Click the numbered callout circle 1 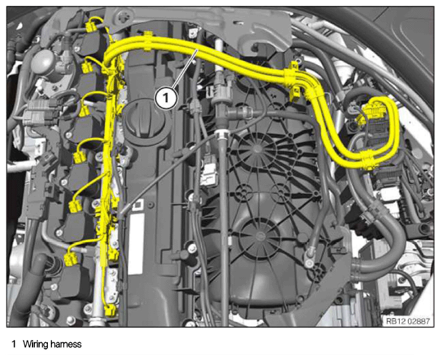pyautogui.click(x=166, y=98)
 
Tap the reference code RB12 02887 pyautogui.click(x=407, y=321)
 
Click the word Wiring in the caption pyautogui.click(x=36, y=344)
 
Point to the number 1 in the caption pyautogui.click(x=14, y=344)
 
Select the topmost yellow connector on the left pyautogui.click(x=91, y=27)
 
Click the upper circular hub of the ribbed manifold pyautogui.click(x=257, y=149)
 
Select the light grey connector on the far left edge pyautogui.click(x=36, y=114)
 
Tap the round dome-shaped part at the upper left pyautogui.click(x=44, y=63)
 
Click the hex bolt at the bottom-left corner pyautogui.click(x=71, y=320)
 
